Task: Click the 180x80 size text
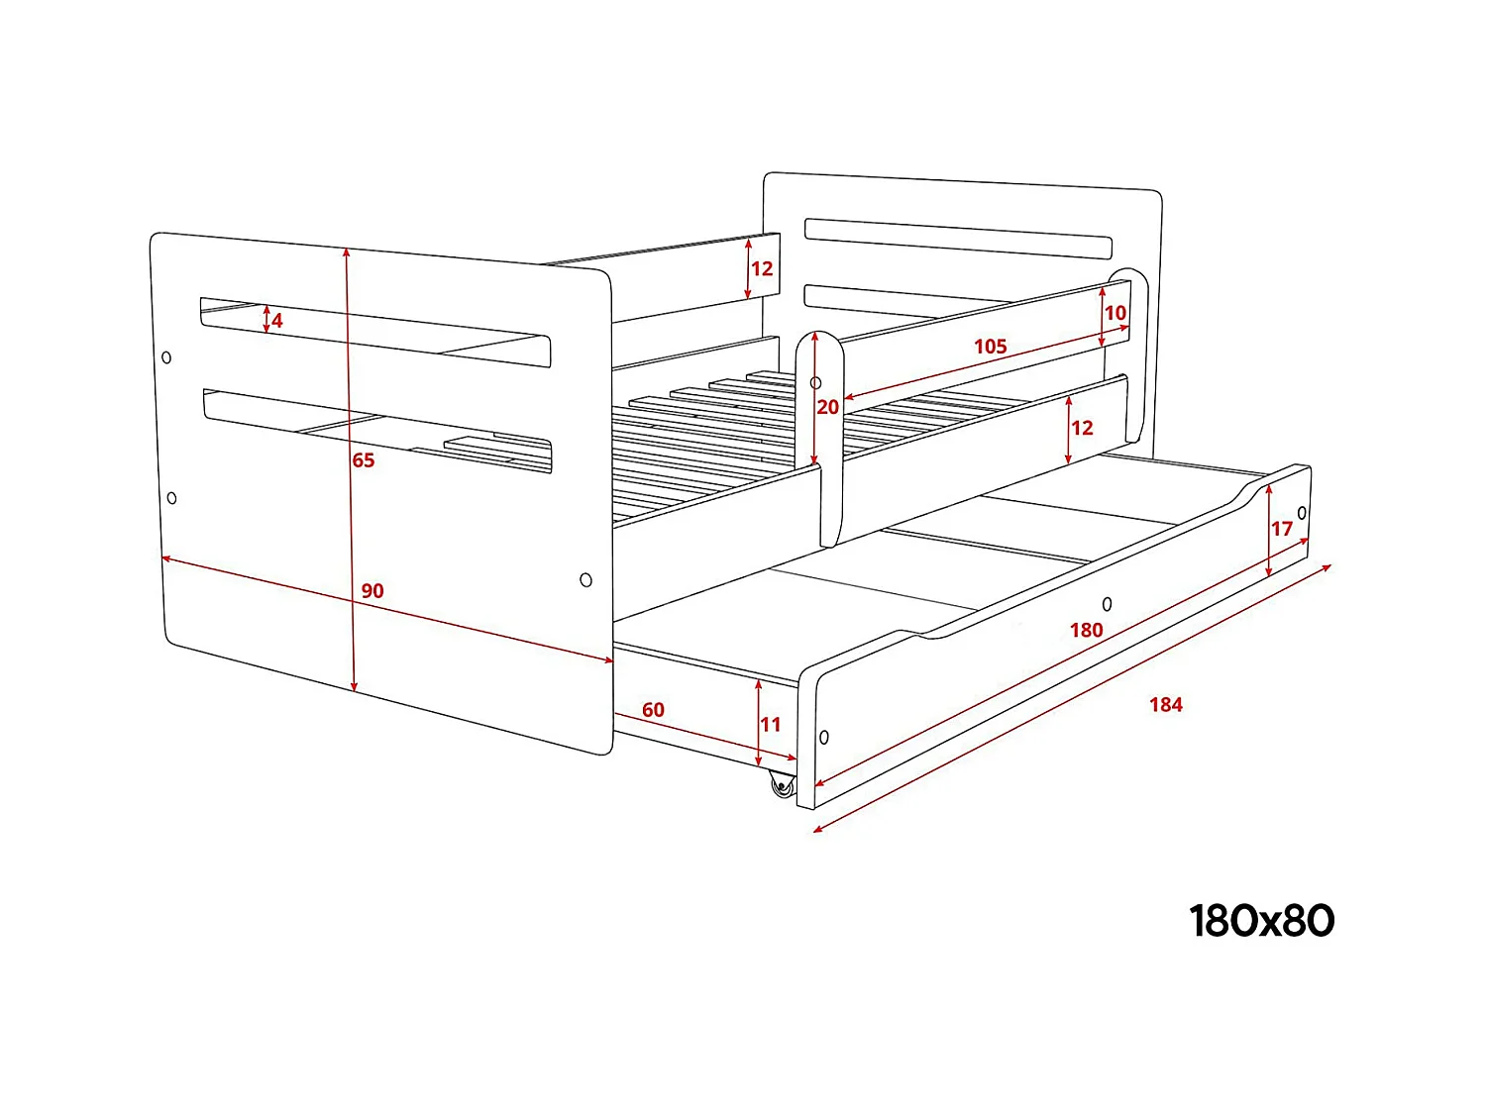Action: pyautogui.click(x=1261, y=921)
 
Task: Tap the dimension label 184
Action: pyautogui.click(x=1166, y=704)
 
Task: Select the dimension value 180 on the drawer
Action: pyautogui.click(x=1086, y=630)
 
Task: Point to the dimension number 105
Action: pyautogui.click(x=990, y=347)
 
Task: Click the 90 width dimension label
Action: pyautogui.click(x=371, y=591)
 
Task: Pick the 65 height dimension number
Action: pyautogui.click(x=364, y=460)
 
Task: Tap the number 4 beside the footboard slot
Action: pyautogui.click(x=277, y=321)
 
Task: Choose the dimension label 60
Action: pyautogui.click(x=653, y=710)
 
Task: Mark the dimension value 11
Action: pyautogui.click(x=771, y=725)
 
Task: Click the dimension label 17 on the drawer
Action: pyautogui.click(x=1282, y=529)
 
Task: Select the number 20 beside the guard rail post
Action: pyautogui.click(x=828, y=407)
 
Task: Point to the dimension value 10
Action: pyautogui.click(x=1115, y=313)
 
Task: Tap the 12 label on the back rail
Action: pyautogui.click(x=762, y=268)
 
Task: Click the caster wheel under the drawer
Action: pyautogui.click(x=783, y=786)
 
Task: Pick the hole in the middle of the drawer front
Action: pyautogui.click(x=1107, y=604)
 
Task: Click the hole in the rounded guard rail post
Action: pyautogui.click(x=815, y=382)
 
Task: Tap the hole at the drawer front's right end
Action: pyautogui.click(x=1302, y=513)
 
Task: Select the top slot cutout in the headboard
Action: pyautogui.click(x=958, y=238)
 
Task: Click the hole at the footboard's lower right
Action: pyautogui.click(x=585, y=579)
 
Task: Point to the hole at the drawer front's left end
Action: pyautogui.click(x=824, y=738)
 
